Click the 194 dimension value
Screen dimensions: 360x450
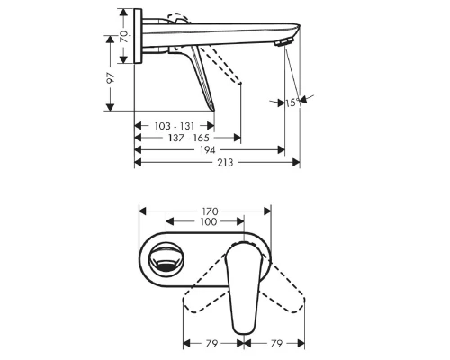click(x=208, y=151)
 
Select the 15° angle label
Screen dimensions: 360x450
click(x=292, y=103)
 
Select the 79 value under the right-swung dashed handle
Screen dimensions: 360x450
click(x=275, y=344)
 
